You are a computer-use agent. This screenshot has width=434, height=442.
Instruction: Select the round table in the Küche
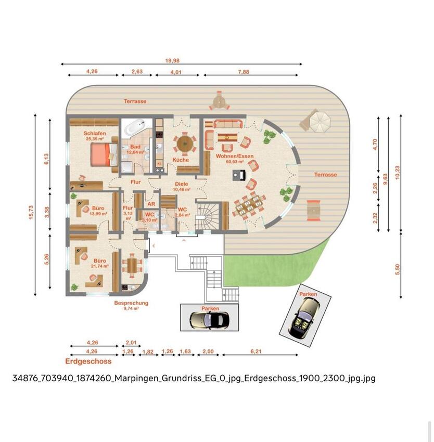pos(184,142)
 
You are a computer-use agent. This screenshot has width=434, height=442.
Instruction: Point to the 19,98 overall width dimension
pos(173,60)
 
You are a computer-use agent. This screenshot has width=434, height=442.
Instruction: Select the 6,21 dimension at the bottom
pos(256,351)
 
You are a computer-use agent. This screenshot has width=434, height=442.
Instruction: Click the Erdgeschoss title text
pos(88,361)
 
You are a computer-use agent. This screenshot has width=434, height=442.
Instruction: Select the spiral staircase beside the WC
pos(207,216)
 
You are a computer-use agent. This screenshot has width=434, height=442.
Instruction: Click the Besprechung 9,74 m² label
pos(131,305)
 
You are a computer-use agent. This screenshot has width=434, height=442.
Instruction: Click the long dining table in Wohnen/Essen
pos(249,204)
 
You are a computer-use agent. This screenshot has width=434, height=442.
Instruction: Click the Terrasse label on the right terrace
pos(325,175)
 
